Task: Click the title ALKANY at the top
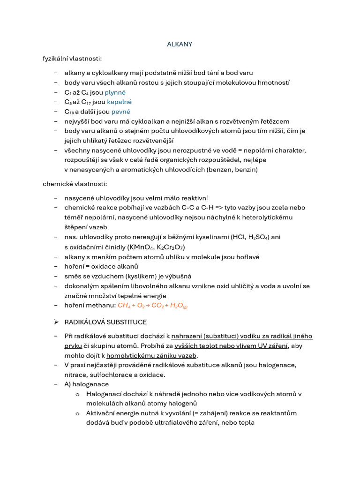pyautogui.click(x=180, y=44)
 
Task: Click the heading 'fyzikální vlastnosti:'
pyautogui.click(x=72, y=59)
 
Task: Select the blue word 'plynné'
pyautogui.click(x=115, y=92)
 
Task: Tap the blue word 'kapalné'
pyautogui.click(x=119, y=102)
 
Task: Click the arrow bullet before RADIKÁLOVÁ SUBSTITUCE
pyautogui.click(x=56, y=322)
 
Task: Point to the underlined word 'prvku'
pyautogui.click(x=74, y=346)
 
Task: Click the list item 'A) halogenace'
pyautogui.click(x=86, y=384)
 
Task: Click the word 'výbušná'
pyautogui.click(x=179, y=276)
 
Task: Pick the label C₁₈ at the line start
pyautogui.click(x=69, y=112)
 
